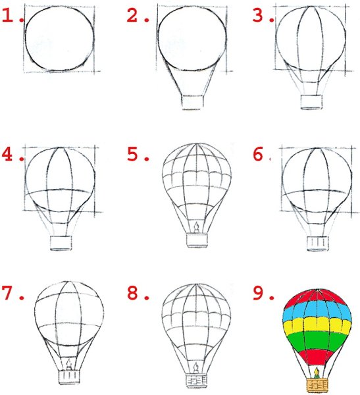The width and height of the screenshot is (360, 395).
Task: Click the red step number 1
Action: click(7, 16)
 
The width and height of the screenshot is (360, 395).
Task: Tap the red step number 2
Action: click(132, 16)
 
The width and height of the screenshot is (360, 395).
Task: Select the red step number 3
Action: click(258, 16)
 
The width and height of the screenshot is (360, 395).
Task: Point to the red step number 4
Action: click(7, 154)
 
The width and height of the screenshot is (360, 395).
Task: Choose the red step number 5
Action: click(132, 154)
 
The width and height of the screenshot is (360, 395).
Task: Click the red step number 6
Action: click(258, 154)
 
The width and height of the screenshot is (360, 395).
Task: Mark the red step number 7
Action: click(7, 293)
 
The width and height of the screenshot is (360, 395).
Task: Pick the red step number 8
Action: click(132, 293)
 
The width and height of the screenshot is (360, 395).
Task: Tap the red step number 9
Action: click(258, 293)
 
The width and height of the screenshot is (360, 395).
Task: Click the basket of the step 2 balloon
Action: click(192, 102)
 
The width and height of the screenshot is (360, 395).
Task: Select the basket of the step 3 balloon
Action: click(311, 102)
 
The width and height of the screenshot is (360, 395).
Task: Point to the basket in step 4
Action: click(61, 243)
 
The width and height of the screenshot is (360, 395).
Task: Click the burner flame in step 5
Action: click(196, 228)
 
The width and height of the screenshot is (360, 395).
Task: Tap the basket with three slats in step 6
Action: click(318, 244)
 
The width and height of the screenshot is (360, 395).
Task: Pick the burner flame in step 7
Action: click(69, 364)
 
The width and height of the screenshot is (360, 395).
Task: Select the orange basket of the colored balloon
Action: click(318, 385)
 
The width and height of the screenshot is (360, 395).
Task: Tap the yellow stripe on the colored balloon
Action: click(317, 325)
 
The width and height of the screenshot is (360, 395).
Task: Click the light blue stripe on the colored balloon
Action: click(317, 310)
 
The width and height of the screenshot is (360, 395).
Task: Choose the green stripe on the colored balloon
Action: click(317, 341)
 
